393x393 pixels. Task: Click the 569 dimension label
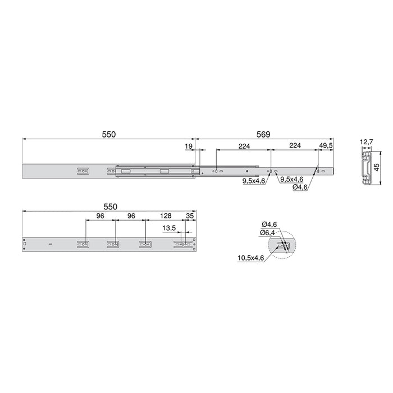[263, 135]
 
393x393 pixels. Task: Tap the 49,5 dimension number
[326, 145]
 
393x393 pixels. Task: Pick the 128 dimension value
[165, 216]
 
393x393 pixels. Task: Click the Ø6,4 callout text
[267, 232]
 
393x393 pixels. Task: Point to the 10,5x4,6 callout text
[250, 258]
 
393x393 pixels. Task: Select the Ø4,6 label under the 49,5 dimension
[300, 188]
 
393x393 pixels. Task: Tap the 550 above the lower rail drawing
[111, 207]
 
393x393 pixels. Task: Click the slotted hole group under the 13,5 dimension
[181, 244]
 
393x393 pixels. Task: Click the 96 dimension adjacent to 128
[131, 216]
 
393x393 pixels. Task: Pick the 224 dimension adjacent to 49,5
[295, 145]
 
